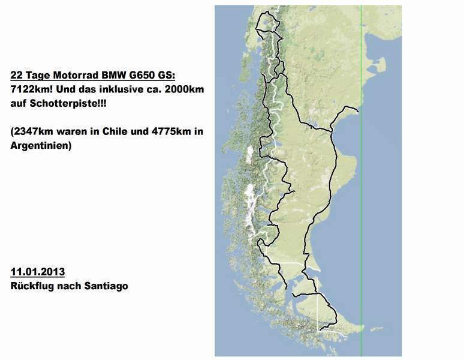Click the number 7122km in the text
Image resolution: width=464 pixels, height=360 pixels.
(29, 89)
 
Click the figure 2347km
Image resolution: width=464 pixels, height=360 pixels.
(34, 131)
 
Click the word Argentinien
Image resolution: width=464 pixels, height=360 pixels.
(40, 145)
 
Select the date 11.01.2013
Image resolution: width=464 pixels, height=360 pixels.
(37, 272)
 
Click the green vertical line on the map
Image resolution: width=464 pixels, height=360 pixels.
(361, 180)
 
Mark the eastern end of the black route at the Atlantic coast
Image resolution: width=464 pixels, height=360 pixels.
(358, 111)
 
